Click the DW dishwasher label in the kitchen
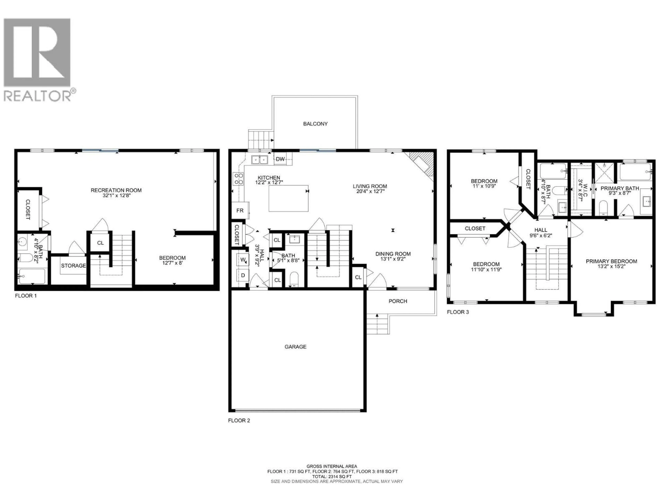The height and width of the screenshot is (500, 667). tap(280, 159)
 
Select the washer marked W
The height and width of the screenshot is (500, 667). tap(243, 260)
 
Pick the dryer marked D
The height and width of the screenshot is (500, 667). tap(243, 275)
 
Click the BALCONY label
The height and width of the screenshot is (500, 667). tap(315, 124)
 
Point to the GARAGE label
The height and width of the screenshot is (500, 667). tap(295, 347)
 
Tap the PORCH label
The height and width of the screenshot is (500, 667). tap(398, 301)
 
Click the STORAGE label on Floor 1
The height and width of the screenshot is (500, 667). tap(73, 265)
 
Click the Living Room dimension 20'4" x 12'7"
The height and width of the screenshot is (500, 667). tap(370, 191)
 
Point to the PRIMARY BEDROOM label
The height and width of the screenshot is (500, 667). tap(611, 261)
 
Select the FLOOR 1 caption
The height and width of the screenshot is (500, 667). tap(26, 296)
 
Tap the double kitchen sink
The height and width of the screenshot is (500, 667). tap(260, 159)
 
